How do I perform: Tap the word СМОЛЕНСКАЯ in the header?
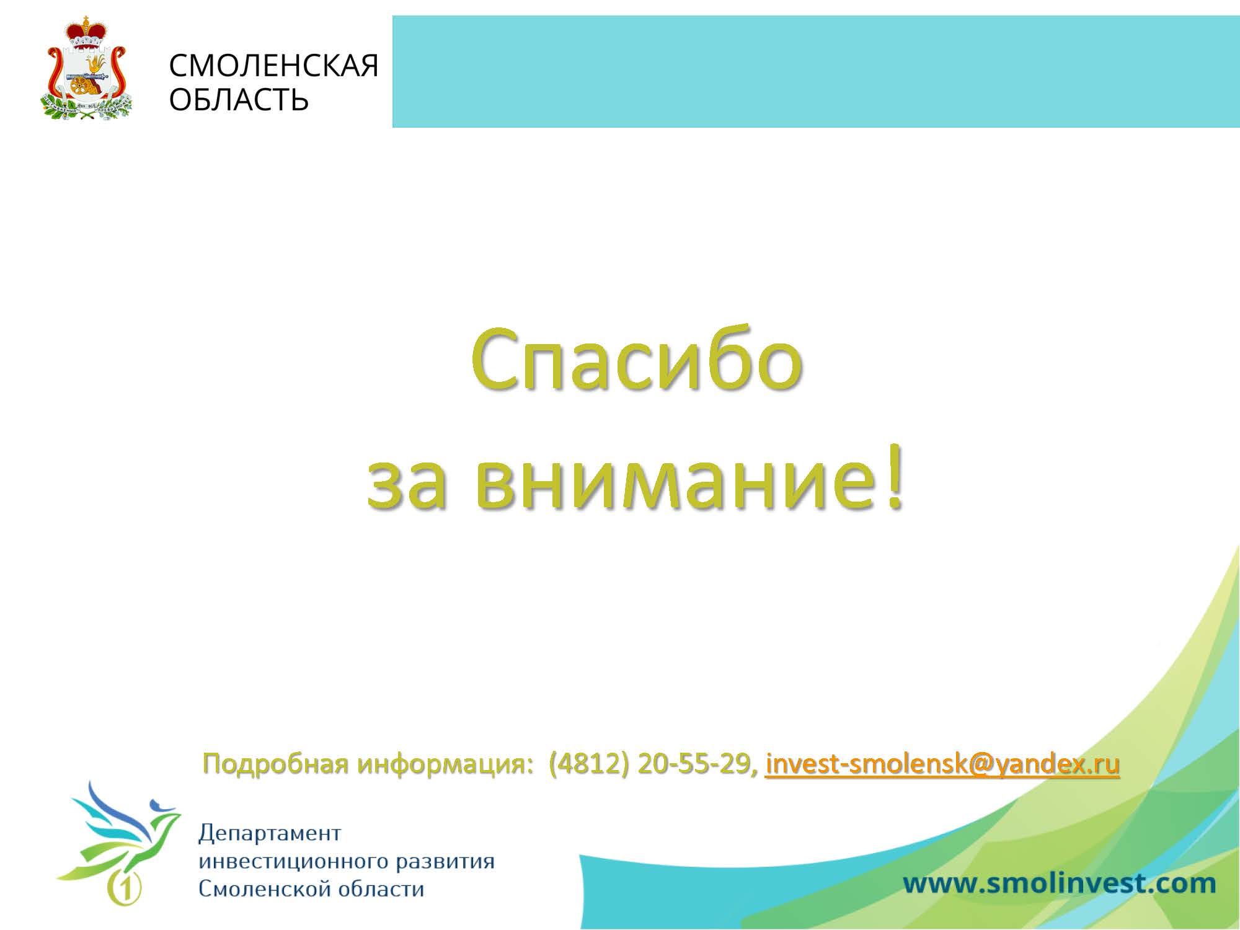[273, 66]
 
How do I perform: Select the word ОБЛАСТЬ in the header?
[239, 99]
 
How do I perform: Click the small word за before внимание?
[407, 484]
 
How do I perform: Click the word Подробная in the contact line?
[275, 764]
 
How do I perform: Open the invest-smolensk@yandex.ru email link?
[942, 764]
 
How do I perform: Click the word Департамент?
[270, 833]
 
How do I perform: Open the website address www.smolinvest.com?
[1059, 883]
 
